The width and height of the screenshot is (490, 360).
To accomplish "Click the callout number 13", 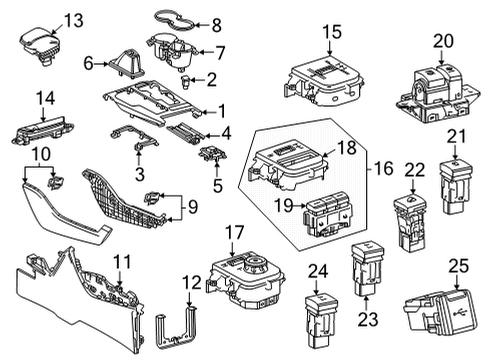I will point(45,19).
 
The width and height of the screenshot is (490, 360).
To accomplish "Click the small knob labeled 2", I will point(189,79).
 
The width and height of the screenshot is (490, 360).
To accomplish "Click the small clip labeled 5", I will point(210,153).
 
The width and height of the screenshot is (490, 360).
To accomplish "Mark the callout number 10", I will point(39,153).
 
